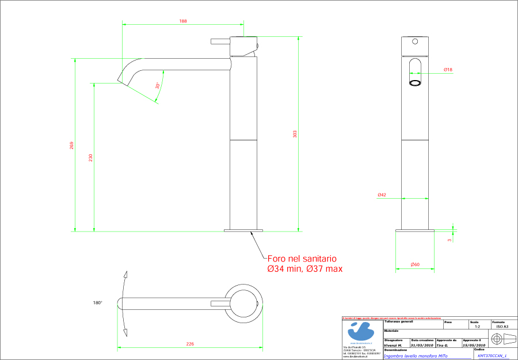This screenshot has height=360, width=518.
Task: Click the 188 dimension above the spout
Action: [x=183, y=21]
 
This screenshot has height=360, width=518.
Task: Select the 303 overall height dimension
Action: [x=295, y=134]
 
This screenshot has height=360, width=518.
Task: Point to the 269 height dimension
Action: [x=71, y=145]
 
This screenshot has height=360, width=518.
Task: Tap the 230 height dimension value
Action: [x=90, y=157]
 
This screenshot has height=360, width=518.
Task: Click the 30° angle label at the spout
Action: [x=157, y=85]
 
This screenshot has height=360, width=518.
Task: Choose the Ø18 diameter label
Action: [x=448, y=70]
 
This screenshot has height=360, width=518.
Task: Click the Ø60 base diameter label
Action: [x=414, y=264]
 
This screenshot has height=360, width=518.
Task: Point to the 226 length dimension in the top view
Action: [x=190, y=344]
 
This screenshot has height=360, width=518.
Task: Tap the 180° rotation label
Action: [x=98, y=302]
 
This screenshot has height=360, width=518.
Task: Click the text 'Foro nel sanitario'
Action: [x=302, y=260]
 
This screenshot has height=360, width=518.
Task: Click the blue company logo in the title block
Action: [x=361, y=332]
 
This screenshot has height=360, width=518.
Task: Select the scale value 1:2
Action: [x=477, y=327]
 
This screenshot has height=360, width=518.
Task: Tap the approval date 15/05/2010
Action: [x=474, y=345]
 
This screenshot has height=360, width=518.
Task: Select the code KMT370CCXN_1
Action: [x=492, y=355]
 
